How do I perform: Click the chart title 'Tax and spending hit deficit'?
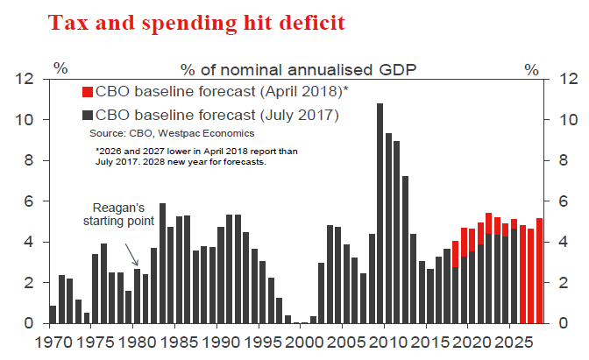coord(197,24)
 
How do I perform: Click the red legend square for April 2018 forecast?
coord(87,91)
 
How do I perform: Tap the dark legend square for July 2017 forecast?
coord(87,114)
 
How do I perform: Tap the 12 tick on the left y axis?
coord(26,80)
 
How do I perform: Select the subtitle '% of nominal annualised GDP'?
coord(298,68)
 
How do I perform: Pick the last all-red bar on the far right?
coord(539,271)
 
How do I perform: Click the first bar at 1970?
coord(53,314)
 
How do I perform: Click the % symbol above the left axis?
coord(60,67)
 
